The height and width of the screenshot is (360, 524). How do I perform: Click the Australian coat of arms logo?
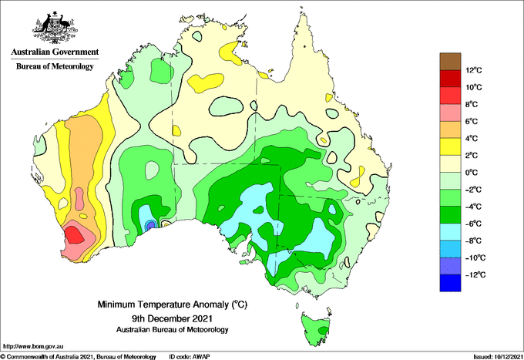click(x=55, y=28)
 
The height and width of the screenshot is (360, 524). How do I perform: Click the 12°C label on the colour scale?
click(x=474, y=70)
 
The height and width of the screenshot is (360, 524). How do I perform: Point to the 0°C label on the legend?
click(x=472, y=173)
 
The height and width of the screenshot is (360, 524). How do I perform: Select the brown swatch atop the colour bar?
click(x=450, y=62)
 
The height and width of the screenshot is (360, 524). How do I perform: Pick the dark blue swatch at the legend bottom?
click(x=450, y=283)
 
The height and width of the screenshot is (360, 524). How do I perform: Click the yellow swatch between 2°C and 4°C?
click(x=450, y=146)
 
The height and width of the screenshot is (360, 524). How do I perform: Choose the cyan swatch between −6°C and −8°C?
click(x=450, y=232)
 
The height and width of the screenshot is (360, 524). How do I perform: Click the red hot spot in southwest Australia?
click(x=74, y=234)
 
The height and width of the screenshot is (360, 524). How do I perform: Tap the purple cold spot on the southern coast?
click(x=151, y=225)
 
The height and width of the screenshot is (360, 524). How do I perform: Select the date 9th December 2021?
click(x=172, y=318)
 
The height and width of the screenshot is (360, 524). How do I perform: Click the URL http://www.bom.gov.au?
click(x=33, y=346)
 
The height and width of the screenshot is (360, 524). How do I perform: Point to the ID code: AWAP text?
click(x=190, y=357)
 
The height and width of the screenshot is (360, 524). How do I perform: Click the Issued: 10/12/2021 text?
click(x=497, y=357)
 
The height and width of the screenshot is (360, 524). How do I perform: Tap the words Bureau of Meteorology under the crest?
click(x=55, y=66)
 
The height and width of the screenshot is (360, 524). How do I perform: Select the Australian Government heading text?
click(x=55, y=52)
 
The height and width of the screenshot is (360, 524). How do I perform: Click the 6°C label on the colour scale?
click(x=472, y=121)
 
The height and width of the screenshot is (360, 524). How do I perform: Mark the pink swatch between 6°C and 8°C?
click(x=450, y=113)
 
